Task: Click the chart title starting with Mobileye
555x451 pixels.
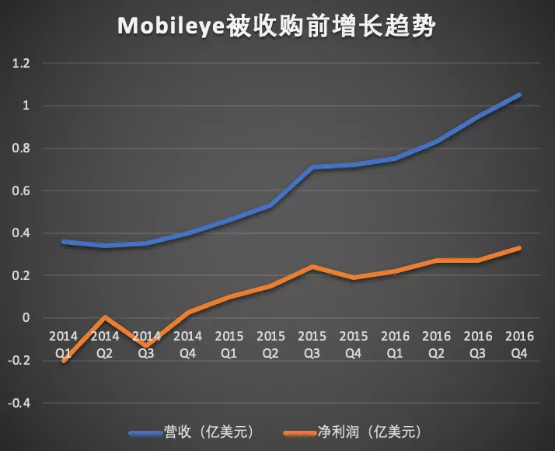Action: pyautogui.click(x=277, y=26)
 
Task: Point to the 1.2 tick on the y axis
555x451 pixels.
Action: pyautogui.click(x=21, y=64)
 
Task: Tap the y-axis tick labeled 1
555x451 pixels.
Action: pyautogui.click(x=26, y=106)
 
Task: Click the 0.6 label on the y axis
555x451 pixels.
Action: pyautogui.click(x=21, y=191)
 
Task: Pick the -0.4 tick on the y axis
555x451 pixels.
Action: pyautogui.click(x=19, y=403)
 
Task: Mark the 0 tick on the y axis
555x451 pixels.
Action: pyautogui.click(x=26, y=318)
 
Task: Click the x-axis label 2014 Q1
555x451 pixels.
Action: pyautogui.click(x=63, y=343)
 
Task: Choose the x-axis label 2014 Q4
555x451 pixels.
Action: pyautogui.click(x=187, y=343)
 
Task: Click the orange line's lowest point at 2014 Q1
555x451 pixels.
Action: pyautogui.click(x=63, y=361)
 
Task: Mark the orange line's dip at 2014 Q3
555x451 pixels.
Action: pyautogui.click(x=146, y=346)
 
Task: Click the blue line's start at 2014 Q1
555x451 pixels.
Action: pyautogui.click(x=63, y=242)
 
